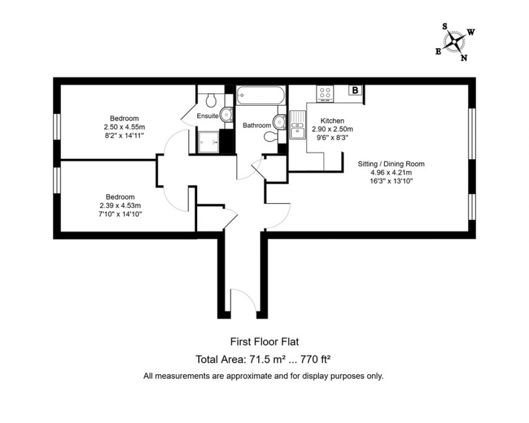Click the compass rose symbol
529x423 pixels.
[x=455, y=41]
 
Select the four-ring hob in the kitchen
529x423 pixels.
[x=326, y=93]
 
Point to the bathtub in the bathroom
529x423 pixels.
[x=260, y=95]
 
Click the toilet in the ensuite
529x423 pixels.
[x=211, y=98]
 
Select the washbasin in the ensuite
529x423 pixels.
[x=226, y=114]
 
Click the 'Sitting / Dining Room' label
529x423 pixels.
[x=391, y=164]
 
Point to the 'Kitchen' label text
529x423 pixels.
[x=332, y=121]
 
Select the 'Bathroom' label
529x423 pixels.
[x=257, y=125]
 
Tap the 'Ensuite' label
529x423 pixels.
[x=207, y=116]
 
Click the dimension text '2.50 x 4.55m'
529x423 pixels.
[x=124, y=126]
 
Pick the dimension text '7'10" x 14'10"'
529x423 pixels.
[x=120, y=213]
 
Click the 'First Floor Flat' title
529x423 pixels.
[x=264, y=342]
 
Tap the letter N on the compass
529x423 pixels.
[x=464, y=58]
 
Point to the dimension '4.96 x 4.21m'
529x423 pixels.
[x=391, y=173]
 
